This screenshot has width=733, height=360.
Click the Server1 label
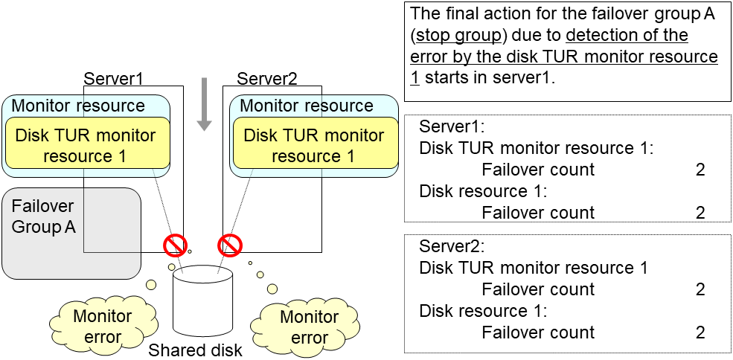[113, 78]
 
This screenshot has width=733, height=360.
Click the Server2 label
[267, 78]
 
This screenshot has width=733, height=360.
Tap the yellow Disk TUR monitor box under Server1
[86, 146]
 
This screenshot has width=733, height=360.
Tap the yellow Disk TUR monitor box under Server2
[313, 146]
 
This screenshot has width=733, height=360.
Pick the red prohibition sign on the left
[175, 244]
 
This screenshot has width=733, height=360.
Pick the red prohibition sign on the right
[230, 244]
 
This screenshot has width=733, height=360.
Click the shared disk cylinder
[202, 301]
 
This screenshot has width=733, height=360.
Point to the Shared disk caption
[196, 349]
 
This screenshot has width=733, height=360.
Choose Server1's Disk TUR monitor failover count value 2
[700, 170]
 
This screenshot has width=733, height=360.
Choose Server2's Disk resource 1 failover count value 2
[700, 332]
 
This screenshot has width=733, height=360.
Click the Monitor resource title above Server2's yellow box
[306, 106]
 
